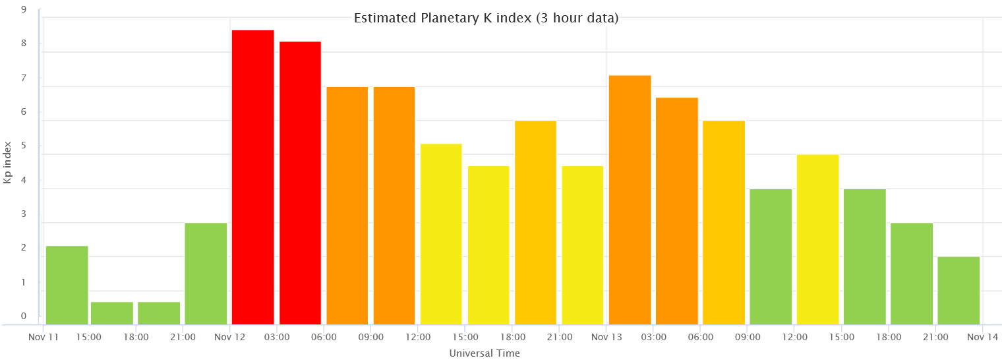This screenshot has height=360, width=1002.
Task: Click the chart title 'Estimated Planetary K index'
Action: pos(486,18)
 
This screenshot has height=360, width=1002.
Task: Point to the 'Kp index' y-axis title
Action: pos(7,162)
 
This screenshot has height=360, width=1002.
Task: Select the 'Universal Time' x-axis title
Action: pos(485,353)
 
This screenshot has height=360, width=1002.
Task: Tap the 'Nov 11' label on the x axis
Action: pos(44,337)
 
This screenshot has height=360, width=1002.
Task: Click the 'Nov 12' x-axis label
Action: pos(229,337)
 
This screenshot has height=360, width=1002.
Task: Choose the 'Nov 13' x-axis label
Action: pos(606,337)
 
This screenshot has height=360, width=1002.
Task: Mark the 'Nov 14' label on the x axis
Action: pos(983,337)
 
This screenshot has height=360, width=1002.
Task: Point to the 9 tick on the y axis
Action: pos(24,10)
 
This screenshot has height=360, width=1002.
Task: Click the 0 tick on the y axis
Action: pos(24,316)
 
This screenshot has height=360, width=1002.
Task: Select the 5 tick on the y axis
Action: pos(24,146)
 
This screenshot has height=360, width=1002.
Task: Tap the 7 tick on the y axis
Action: pos(24,78)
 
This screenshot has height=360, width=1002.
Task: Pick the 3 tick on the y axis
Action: pos(24,214)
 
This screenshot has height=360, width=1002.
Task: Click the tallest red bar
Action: pos(252,177)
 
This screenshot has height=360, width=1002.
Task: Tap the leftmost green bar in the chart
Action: pos(67,285)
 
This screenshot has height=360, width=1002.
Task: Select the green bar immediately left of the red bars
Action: pos(206,274)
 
